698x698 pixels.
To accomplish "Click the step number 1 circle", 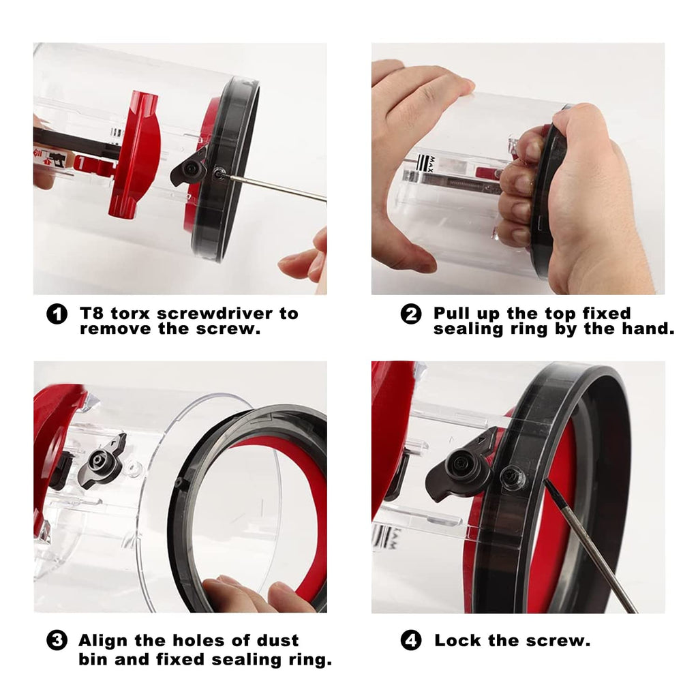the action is (x=57, y=314).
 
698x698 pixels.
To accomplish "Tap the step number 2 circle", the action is (x=411, y=314).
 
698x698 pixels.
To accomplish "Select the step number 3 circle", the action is (x=57, y=641).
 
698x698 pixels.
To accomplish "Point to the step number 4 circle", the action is (x=411, y=641).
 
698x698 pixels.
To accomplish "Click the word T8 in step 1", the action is (x=91, y=314).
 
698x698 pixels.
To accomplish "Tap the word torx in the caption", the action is (x=130, y=314).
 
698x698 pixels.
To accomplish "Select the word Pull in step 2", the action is (x=452, y=314).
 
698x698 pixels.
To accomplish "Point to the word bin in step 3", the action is (x=93, y=659).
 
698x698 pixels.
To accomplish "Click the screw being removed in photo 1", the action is (x=219, y=173).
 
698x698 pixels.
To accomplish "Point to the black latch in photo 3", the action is (x=102, y=461).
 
